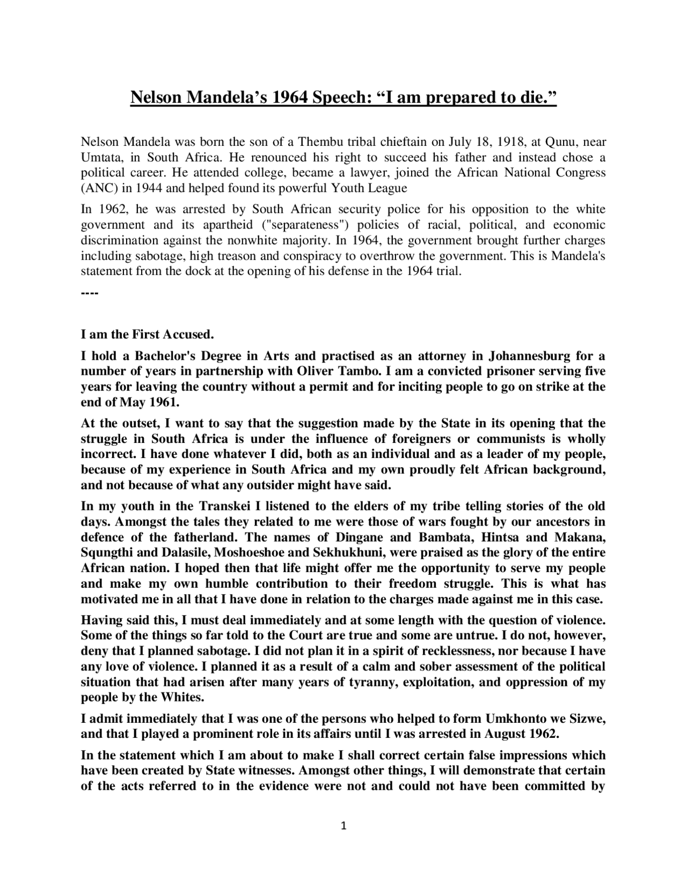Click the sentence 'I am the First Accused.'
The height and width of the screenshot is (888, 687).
(147, 335)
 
